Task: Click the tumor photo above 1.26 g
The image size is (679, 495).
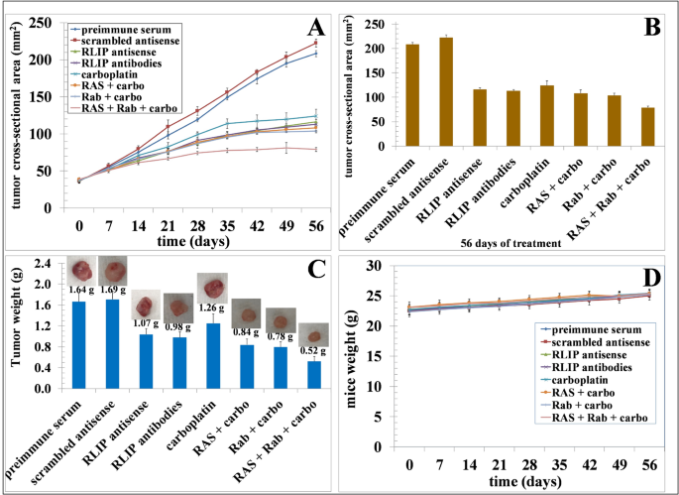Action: [211, 288]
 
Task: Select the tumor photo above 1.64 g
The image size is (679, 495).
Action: [79, 269]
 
